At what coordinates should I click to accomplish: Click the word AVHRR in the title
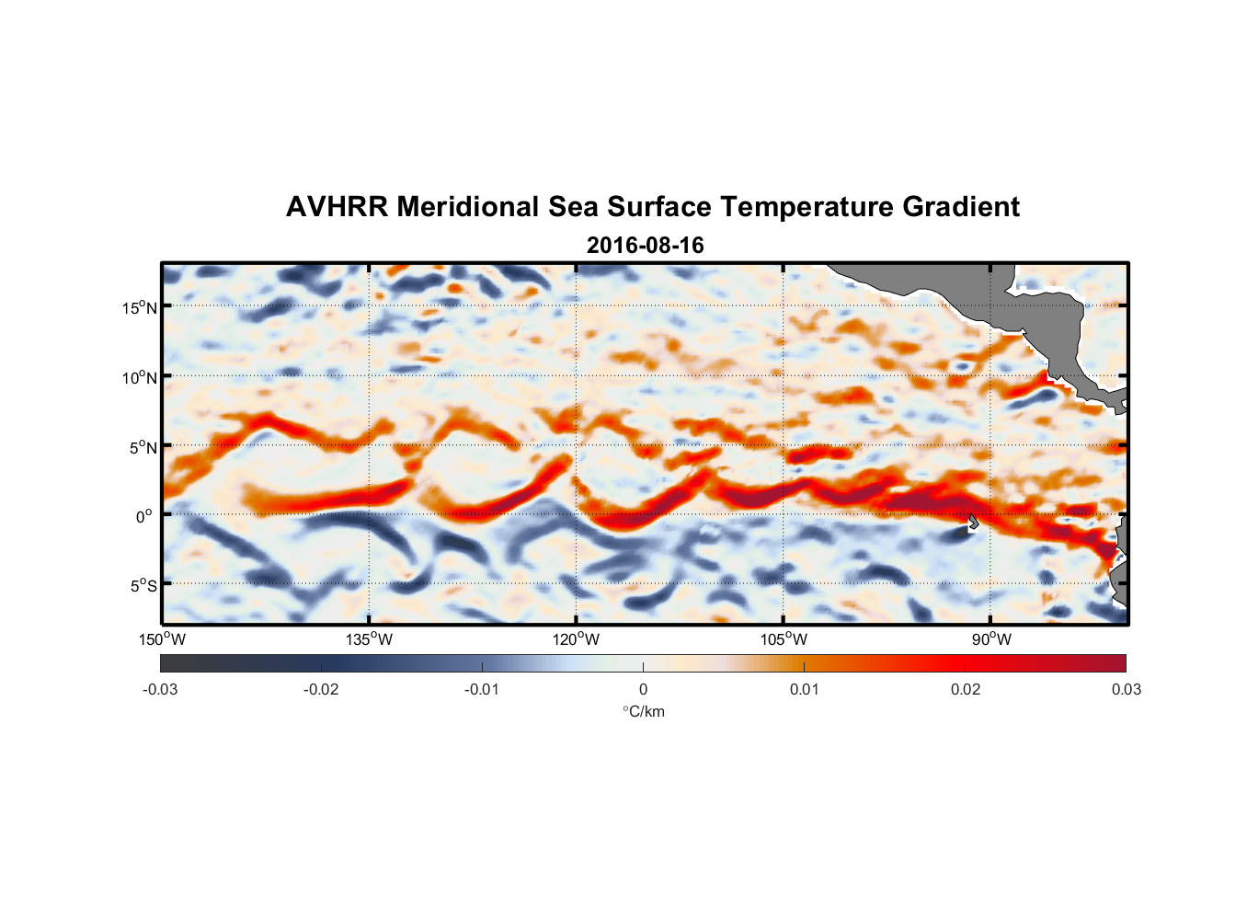pyautogui.click(x=337, y=207)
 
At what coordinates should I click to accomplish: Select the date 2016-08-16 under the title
pyautogui.click(x=645, y=246)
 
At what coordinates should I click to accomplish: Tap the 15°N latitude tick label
pyautogui.click(x=139, y=307)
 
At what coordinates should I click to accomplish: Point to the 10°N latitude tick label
pyautogui.click(x=139, y=377)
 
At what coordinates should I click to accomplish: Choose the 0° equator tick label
pyautogui.click(x=144, y=516)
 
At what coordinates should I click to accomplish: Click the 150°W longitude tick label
pyautogui.click(x=162, y=639)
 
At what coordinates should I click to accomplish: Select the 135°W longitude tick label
pyautogui.click(x=369, y=639)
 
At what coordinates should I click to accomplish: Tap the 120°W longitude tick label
pyautogui.click(x=577, y=639)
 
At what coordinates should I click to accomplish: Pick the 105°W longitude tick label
pyautogui.click(x=784, y=639)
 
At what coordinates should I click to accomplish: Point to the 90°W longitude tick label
pyautogui.click(x=991, y=639)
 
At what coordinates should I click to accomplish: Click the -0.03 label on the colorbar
pyautogui.click(x=160, y=689)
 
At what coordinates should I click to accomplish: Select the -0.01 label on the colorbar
pyautogui.click(x=482, y=689)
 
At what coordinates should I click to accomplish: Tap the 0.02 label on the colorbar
pyautogui.click(x=966, y=689)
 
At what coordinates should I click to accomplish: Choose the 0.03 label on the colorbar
pyautogui.click(x=1126, y=689)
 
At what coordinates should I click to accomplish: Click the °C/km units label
pyautogui.click(x=643, y=711)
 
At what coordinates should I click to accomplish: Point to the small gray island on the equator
pyautogui.click(x=973, y=522)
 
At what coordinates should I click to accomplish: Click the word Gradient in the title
pyautogui.click(x=961, y=207)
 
